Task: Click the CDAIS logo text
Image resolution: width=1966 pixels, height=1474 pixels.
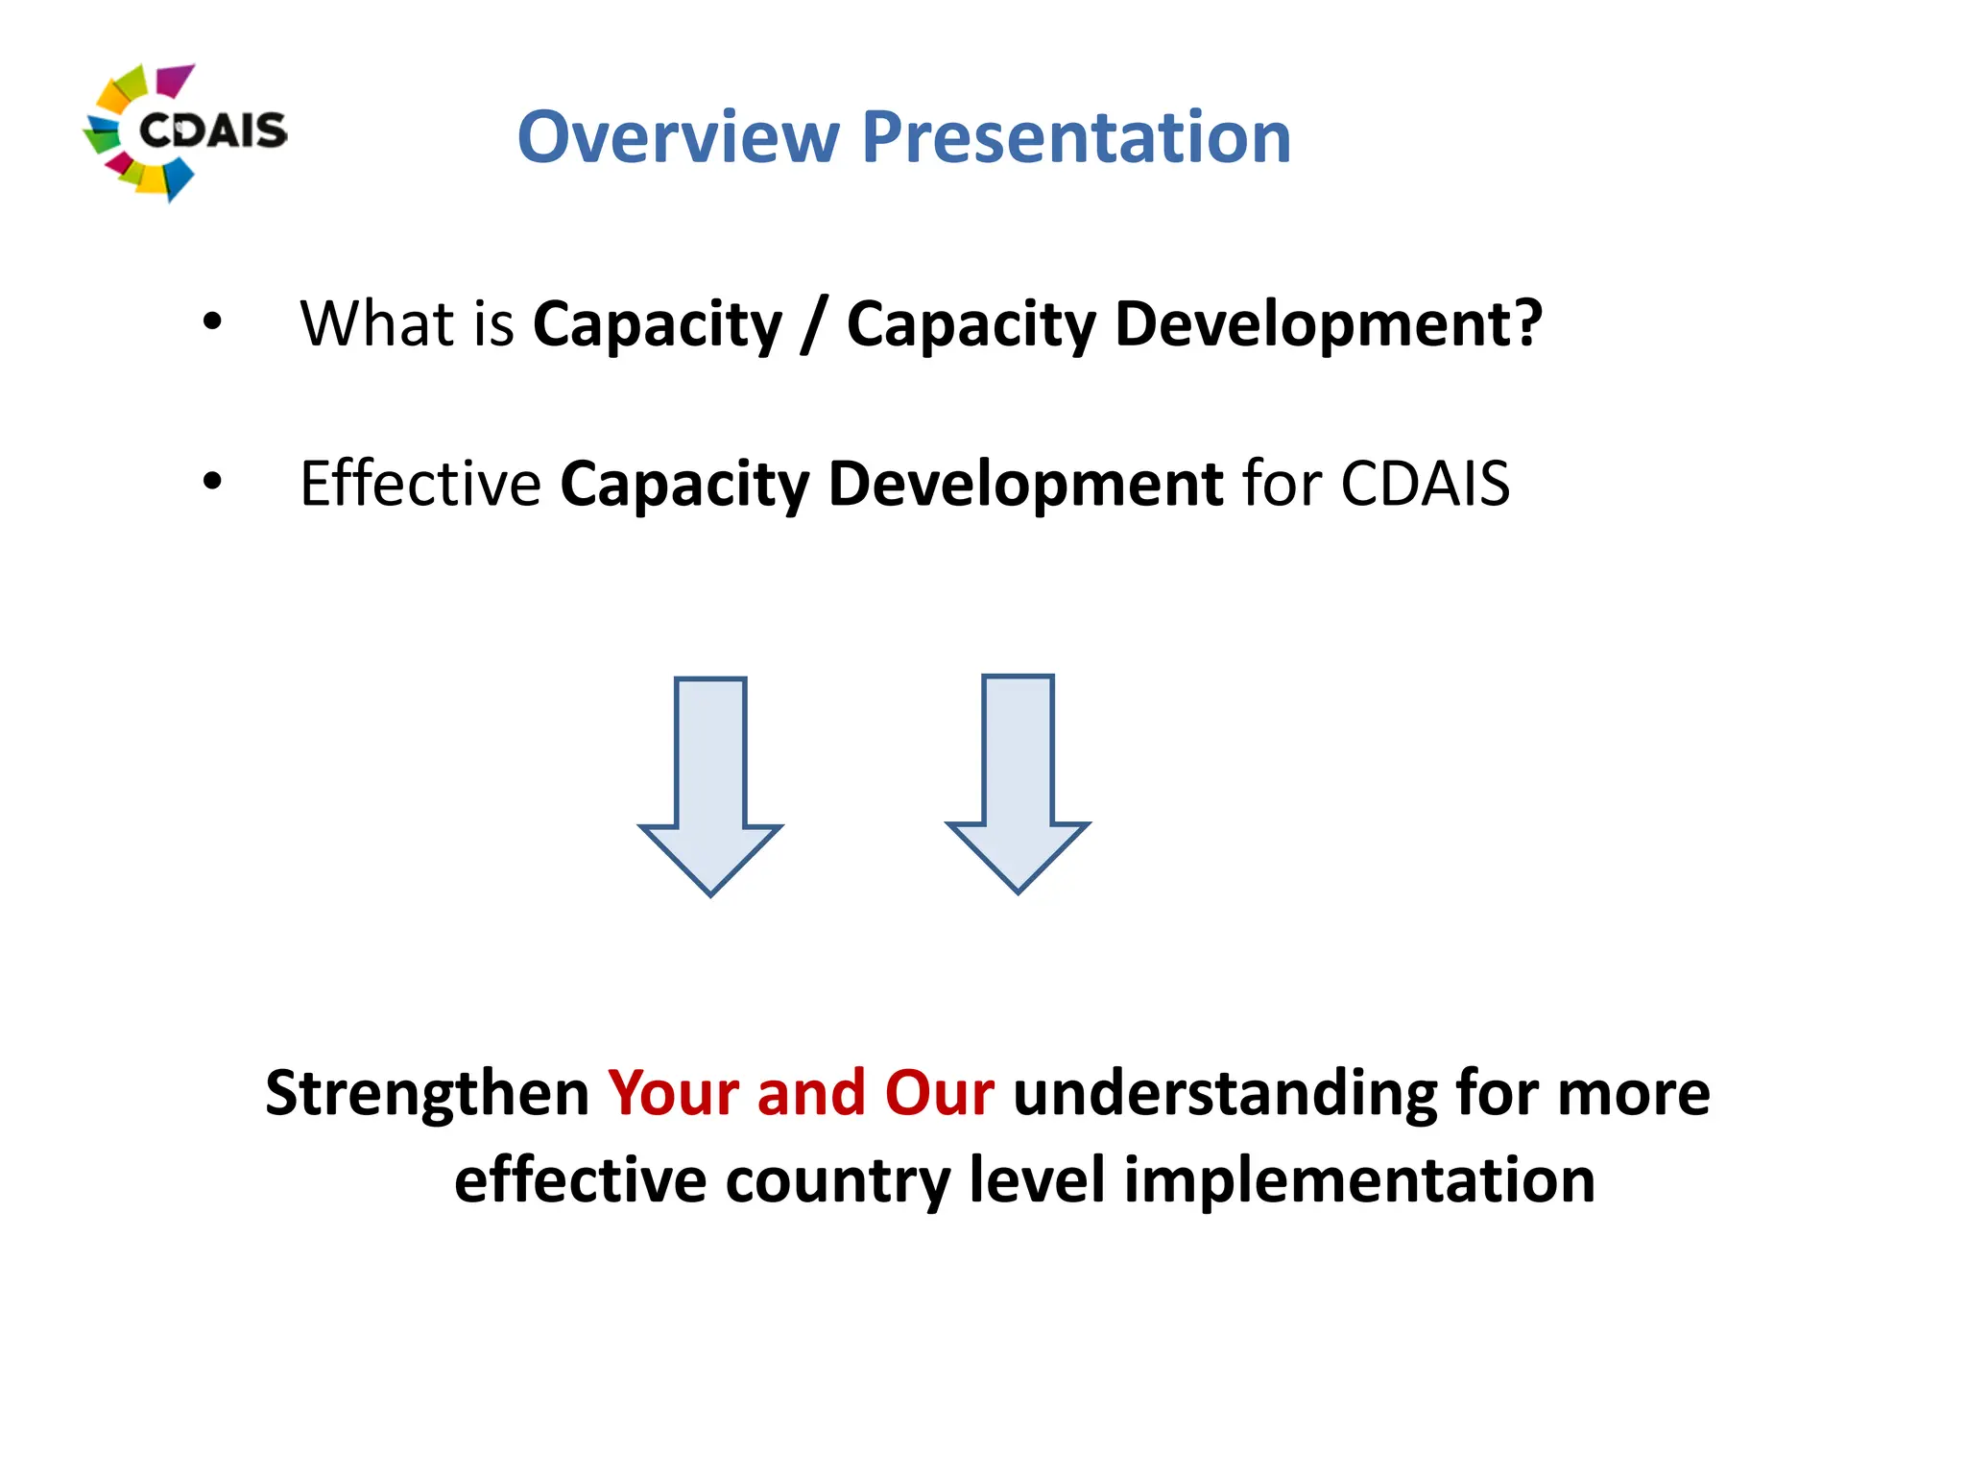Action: [212, 131]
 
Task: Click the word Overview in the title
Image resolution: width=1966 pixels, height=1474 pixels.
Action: [678, 137]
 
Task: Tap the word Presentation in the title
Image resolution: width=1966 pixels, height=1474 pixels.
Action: [1076, 137]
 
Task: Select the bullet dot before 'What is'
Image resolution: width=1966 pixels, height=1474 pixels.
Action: [212, 322]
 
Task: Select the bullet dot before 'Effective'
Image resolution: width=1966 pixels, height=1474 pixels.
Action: [212, 482]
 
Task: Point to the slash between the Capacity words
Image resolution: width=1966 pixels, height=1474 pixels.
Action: [814, 324]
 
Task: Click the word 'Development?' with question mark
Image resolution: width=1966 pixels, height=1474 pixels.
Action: [1328, 324]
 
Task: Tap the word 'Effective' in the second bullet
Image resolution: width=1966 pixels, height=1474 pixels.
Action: [420, 483]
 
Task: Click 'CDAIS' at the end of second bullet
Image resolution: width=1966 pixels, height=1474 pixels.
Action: [1425, 483]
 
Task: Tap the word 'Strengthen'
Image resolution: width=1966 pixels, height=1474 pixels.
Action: [427, 1093]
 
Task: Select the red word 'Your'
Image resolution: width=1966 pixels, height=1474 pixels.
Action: [673, 1093]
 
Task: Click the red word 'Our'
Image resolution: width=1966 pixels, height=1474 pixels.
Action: [939, 1093]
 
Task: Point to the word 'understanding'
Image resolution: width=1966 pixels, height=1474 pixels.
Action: [1224, 1095]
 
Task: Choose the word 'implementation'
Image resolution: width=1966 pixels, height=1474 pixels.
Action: [1359, 1180]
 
